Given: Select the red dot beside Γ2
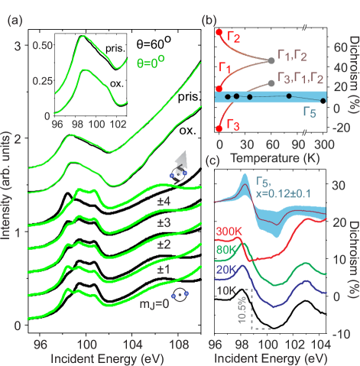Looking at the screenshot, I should (219, 32).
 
